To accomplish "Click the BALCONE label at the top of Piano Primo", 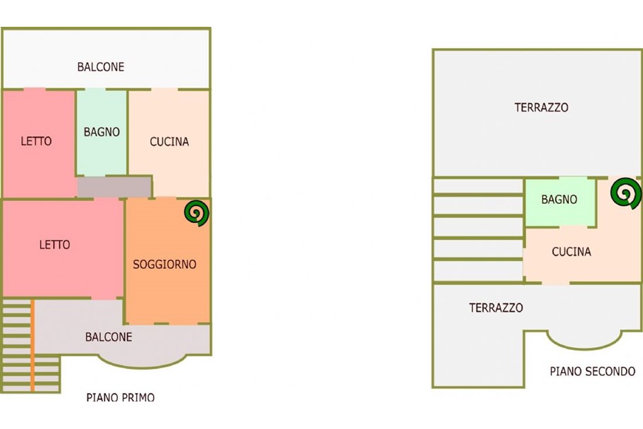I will pyautogui.click(x=101, y=67).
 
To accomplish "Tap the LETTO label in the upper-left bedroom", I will pyautogui.click(x=36, y=141).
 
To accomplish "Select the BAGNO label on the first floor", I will pyautogui.click(x=102, y=132).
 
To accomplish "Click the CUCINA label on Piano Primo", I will pyautogui.click(x=169, y=141).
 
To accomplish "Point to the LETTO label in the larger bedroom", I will pyautogui.click(x=54, y=245).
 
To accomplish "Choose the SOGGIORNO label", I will pyautogui.click(x=165, y=265).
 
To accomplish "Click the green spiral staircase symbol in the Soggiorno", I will pyautogui.click(x=197, y=214).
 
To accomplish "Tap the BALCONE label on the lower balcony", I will pyautogui.click(x=109, y=337).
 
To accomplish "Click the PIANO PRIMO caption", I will pyautogui.click(x=120, y=397).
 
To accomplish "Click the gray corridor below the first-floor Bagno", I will pyautogui.click(x=114, y=187).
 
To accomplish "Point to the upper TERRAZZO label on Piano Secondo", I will pyautogui.click(x=541, y=108).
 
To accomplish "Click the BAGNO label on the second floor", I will pyautogui.click(x=559, y=200).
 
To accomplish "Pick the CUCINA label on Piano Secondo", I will pyautogui.click(x=571, y=252).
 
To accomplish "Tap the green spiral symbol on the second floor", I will pyautogui.click(x=626, y=193).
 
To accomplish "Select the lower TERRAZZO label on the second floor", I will pyautogui.click(x=496, y=308).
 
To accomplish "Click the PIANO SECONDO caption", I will pyautogui.click(x=592, y=371).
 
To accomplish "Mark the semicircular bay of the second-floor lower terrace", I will pyautogui.click(x=584, y=339).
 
